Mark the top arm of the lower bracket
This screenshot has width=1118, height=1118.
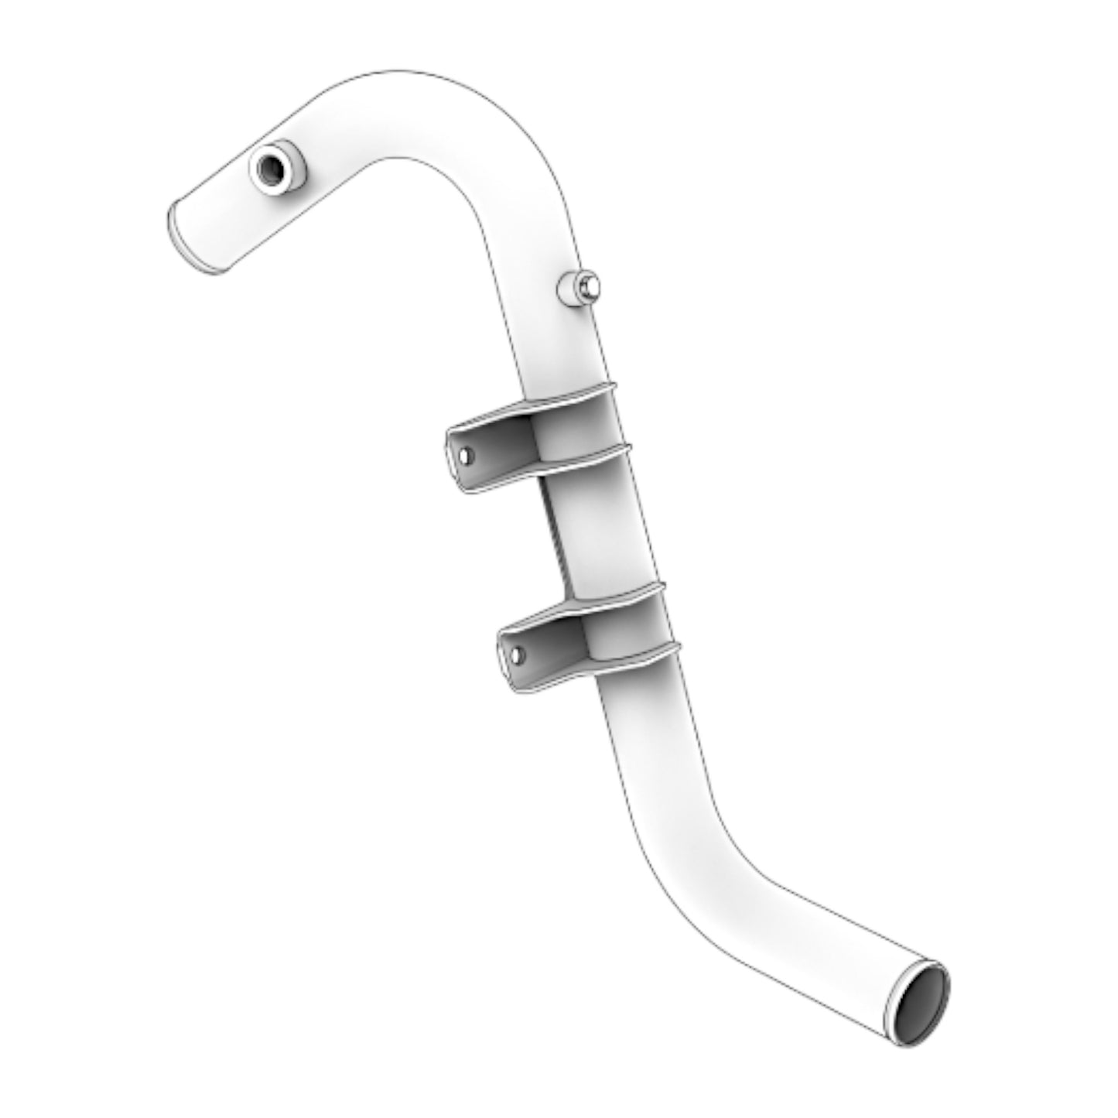coord(580,603)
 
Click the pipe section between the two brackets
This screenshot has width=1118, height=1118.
coord(611,534)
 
